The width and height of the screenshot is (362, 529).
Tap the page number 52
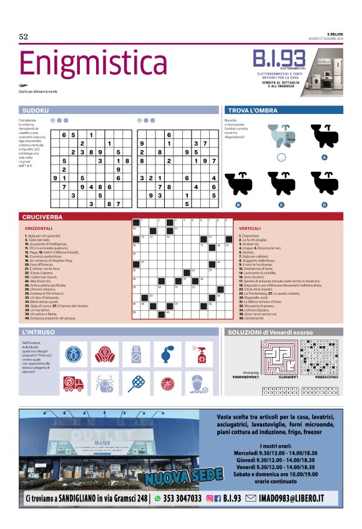click(x=24, y=37)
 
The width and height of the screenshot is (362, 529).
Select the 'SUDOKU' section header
click(x=36, y=110)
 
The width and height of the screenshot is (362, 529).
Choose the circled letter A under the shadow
click(x=325, y=158)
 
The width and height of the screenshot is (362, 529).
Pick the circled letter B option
click(x=238, y=204)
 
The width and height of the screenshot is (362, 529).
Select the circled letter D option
click(x=325, y=204)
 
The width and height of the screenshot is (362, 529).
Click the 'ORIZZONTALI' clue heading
click(x=39, y=229)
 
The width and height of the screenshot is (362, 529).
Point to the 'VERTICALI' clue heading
click(x=250, y=229)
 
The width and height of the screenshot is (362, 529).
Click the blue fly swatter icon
click(x=137, y=383)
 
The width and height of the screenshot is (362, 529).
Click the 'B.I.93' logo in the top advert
click(x=278, y=60)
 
